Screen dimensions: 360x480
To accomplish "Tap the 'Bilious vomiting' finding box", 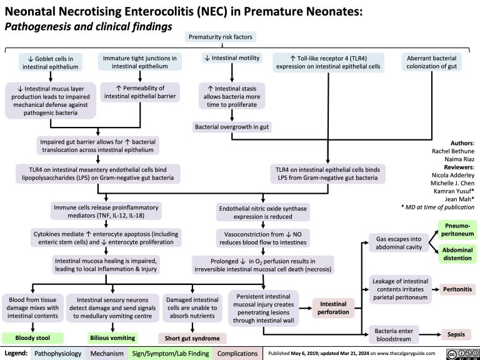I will (112, 338).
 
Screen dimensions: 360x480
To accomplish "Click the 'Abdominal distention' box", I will (459, 253).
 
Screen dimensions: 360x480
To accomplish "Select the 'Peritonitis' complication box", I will (459, 290).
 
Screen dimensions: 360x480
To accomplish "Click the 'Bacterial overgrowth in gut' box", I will (231, 127).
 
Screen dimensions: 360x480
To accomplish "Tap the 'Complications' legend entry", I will (239, 354).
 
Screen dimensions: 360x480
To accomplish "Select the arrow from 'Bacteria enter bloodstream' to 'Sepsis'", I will (430, 334).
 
